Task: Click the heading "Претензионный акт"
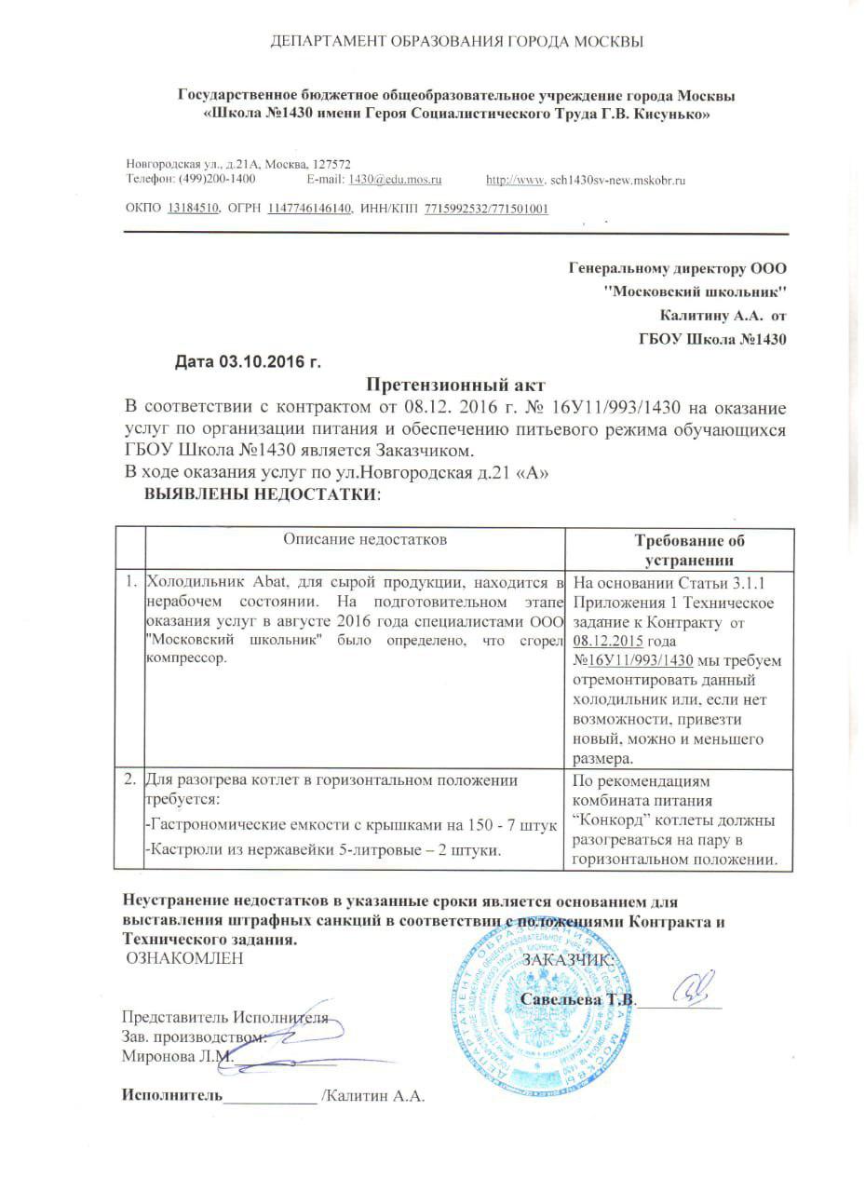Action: (453, 384)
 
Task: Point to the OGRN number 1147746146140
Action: (310, 209)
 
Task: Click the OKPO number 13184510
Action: (193, 209)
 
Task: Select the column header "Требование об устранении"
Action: (689, 550)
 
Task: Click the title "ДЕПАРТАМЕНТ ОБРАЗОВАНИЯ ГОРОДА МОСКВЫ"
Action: (456, 42)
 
